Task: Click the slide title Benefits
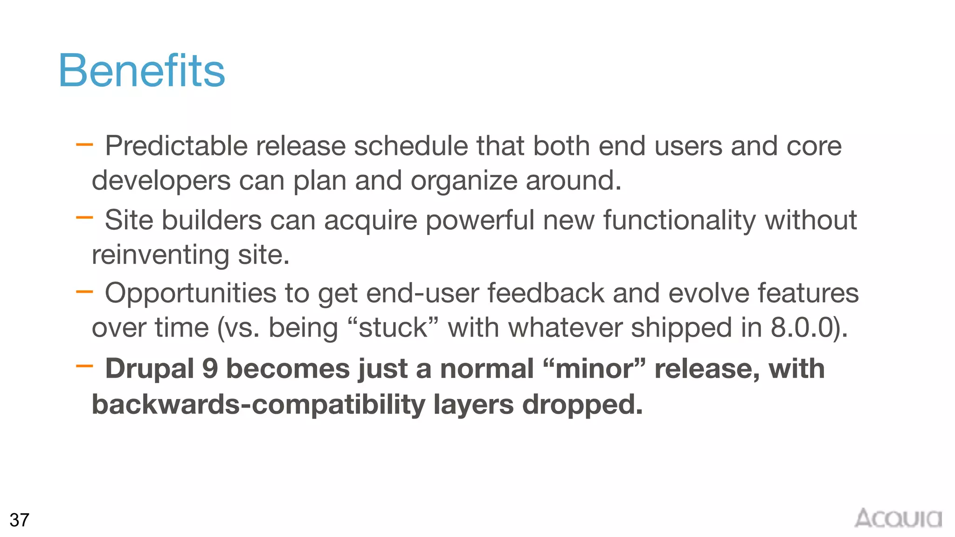141,70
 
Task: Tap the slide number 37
19,520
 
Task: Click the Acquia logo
898,518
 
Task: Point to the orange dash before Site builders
84,217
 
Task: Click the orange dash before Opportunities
84,292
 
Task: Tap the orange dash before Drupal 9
84,366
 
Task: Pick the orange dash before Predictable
84,145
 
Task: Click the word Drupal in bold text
149,369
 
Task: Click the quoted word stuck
393,327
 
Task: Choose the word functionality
679,220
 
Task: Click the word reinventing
160,255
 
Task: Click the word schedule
411,146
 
